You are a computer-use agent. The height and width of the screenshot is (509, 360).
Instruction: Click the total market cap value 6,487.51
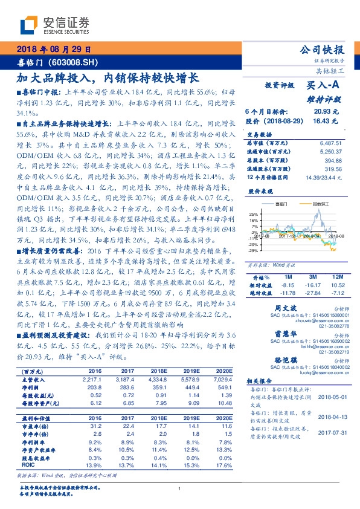click(x=329, y=143)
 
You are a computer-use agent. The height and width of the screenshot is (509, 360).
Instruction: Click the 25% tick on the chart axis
click(x=254, y=214)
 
